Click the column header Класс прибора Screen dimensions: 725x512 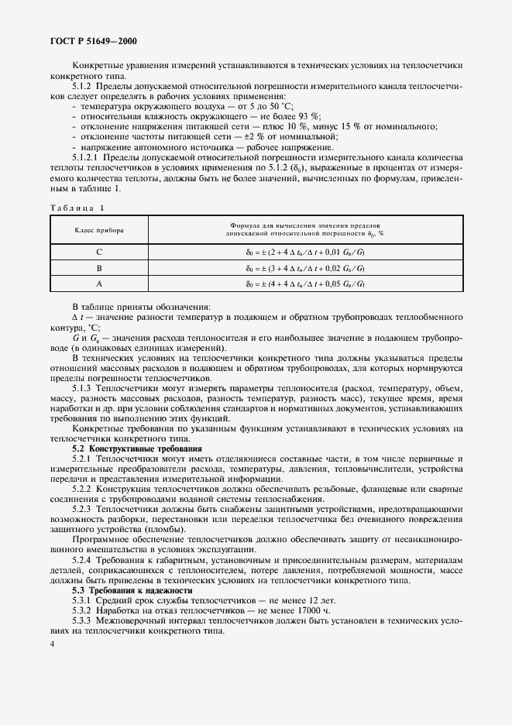(99, 230)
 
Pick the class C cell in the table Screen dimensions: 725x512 (99, 253)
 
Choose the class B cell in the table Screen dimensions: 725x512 (99, 268)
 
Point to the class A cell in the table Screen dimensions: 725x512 (99, 283)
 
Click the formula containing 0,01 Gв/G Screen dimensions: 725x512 (310, 253)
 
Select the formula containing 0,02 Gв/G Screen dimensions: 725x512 (310, 268)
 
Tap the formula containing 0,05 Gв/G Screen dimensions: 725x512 (310, 283)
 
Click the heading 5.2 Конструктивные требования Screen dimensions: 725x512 (127, 449)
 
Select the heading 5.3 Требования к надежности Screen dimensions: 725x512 (122, 590)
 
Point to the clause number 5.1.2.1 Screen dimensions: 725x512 (87, 158)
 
